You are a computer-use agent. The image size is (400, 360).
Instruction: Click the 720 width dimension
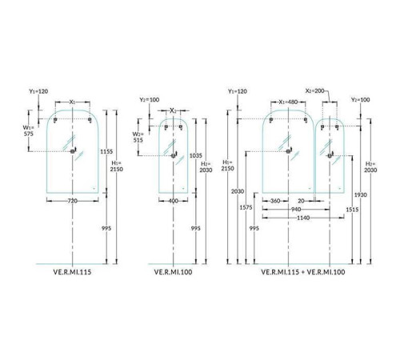click(73, 201)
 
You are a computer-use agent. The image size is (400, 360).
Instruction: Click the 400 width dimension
click(174, 201)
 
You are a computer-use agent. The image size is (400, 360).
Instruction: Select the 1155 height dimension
click(106, 151)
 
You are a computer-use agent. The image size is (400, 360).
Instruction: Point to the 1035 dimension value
click(196, 155)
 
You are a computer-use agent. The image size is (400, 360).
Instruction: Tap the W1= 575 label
click(28, 130)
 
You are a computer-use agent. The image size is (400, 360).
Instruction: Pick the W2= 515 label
click(138, 137)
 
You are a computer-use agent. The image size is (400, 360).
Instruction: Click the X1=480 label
click(288, 102)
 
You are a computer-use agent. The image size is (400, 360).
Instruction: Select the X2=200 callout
click(314, 91)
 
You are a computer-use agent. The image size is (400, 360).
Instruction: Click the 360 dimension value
click(275, 201)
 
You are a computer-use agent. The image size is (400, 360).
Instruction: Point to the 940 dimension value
click(296, 210)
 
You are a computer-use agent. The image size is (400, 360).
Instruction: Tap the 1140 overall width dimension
click(303, 218)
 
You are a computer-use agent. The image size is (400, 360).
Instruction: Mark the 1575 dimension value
click(246, 207)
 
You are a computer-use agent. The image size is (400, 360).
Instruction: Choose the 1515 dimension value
click(352, 210)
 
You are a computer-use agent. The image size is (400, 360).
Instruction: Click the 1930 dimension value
click(361, 195)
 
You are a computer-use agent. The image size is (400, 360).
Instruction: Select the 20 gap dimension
click(301, 201)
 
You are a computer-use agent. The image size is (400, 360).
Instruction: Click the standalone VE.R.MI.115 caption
click(72, 272)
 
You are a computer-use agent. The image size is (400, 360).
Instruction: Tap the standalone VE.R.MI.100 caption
click(173, 272)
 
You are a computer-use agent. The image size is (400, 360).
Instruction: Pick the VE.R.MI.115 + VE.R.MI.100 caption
click(303, 272)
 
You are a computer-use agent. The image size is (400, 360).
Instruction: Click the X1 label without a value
click(73, 102)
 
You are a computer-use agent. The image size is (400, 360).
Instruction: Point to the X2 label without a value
click(174, 110)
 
